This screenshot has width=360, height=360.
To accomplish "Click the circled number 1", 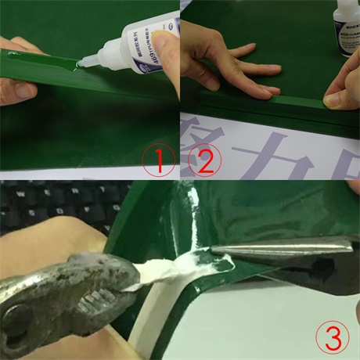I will (159, 162).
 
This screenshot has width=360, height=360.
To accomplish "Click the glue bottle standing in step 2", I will (346, 31).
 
